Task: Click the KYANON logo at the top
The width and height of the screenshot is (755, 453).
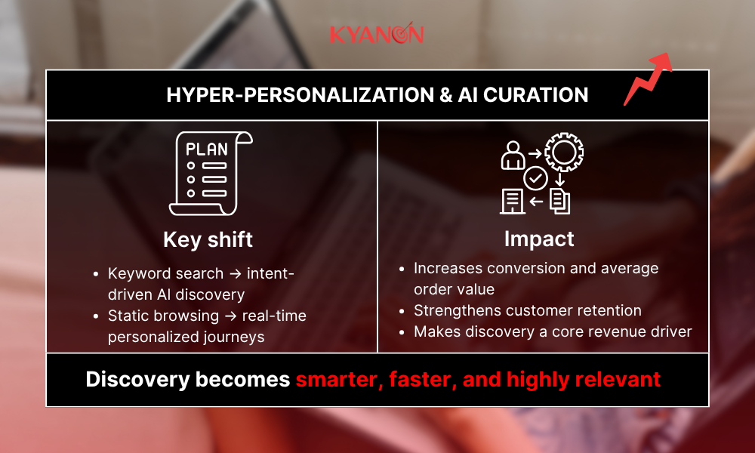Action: [x=377, y=35]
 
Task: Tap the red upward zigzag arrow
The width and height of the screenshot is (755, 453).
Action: [x=648, y=79]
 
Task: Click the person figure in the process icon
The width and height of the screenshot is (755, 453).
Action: [x=513, y=156]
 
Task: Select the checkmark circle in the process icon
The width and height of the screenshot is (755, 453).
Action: [x=535, y=178]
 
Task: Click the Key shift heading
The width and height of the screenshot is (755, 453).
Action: [x=208, y=239]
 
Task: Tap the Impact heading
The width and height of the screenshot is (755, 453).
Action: [x=539, y=239]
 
